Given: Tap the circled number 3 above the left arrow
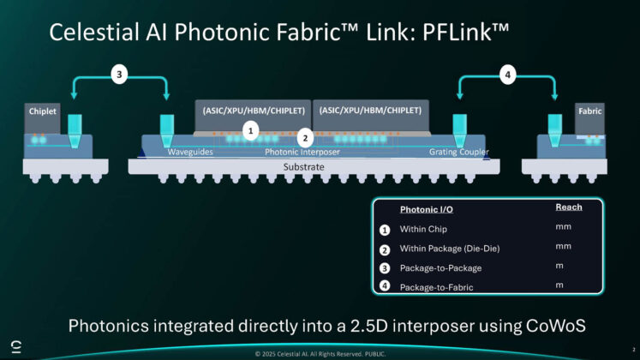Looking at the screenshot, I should [121, 75].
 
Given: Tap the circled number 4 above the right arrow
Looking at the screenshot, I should [508, 75].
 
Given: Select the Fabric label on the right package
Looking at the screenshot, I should [590, 112].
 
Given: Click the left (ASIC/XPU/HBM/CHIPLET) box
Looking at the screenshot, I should [254, 111].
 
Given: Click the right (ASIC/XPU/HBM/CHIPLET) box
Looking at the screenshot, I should [372, 111].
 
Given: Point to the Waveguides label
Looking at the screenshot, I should [191, 153].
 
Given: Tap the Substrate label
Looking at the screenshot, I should [305, 167].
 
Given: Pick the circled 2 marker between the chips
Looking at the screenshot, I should [304, 136].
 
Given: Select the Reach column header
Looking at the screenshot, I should [568, 207].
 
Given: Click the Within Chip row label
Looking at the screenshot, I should [423, 230].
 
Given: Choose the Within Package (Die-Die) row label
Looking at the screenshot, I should [450, 249].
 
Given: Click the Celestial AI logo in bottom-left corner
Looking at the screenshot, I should [15, 345].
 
